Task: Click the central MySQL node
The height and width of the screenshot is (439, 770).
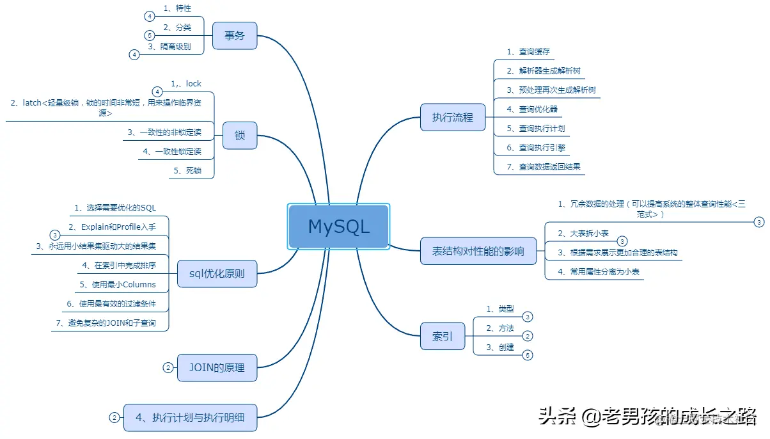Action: (338, 227)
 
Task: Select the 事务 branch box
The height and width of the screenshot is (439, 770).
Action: (234, 35)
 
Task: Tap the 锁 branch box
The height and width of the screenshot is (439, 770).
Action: (240, 136)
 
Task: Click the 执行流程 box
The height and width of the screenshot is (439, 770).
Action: (453, 116)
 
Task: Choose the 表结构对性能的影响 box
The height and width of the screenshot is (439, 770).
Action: (478, 251)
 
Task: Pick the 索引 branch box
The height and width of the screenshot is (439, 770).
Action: (442, 336)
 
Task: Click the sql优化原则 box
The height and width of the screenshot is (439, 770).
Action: (217, 274)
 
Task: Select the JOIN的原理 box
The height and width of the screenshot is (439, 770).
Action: (217, 367)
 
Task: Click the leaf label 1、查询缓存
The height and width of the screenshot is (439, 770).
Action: (528, 51)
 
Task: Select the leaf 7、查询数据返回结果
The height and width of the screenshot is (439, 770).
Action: (543, 166)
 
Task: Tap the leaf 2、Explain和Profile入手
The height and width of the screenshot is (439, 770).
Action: (112, 227)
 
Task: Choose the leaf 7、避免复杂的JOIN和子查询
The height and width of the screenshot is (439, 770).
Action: (112, 323)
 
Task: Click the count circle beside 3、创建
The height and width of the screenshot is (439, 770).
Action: (528, 355)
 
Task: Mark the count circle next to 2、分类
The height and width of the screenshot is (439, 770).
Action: (150, 35)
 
